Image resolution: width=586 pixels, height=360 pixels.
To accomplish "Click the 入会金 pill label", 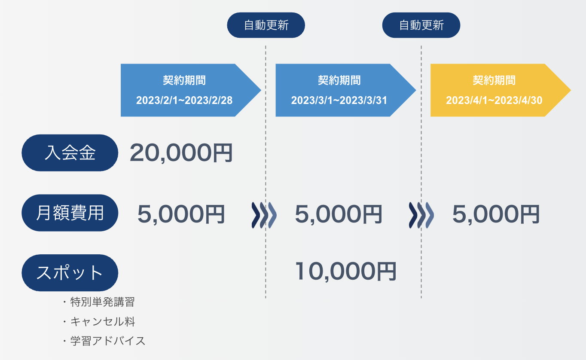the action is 70,153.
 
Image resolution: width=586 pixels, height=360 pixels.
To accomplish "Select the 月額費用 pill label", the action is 70,213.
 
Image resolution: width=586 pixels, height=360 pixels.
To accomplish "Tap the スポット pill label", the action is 70,273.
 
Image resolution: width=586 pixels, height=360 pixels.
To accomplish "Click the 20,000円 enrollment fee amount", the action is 181,153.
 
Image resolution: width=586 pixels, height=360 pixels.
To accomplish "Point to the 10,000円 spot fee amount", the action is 345,271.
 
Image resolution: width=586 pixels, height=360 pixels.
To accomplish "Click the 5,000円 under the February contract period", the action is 181,214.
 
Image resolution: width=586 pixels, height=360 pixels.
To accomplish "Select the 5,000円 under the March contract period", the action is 339,214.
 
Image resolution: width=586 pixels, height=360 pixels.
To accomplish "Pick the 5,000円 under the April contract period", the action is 496,214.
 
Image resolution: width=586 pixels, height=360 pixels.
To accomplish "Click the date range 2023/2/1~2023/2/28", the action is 184,101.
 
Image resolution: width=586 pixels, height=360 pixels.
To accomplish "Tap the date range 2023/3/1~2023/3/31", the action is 339,101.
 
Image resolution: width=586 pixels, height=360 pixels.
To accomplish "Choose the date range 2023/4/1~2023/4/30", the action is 494,101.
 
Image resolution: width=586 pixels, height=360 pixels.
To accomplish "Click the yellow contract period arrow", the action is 498,90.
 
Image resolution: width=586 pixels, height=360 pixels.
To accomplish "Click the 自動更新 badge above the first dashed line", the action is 266,25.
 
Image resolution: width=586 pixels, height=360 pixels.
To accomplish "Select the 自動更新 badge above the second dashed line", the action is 421,25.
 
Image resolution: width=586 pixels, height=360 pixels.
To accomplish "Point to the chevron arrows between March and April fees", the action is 421,214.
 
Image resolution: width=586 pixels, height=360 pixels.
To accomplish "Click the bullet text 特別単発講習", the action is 102,302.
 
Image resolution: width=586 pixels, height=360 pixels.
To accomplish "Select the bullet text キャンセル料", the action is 103,321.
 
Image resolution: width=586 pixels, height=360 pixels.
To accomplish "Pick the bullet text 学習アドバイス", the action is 108,341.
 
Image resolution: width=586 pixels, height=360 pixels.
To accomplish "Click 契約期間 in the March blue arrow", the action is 339,80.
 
